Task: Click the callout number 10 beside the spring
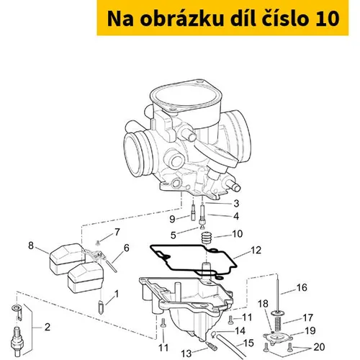(238, 234)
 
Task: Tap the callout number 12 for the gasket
(256, 250)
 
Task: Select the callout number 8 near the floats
(31, 246)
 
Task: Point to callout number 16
(302, 287)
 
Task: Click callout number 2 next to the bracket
(48, 327)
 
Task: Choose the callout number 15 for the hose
(248, 343)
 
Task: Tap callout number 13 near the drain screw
(186, 354)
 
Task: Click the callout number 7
(117, 232)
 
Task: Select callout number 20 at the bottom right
(319, 347)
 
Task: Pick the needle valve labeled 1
(102, 307)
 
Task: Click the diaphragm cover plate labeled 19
(278, 338)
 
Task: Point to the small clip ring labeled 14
(215, 333)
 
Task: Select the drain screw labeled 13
(212, 346)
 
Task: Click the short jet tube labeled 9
(194, 212)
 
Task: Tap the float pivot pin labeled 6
(111, 265)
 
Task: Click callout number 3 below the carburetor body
(236, 203)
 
